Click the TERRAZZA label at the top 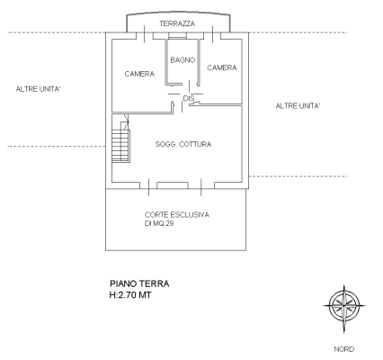click(x=176, y=22)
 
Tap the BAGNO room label click(x=183, y=59)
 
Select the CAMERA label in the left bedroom click(x=139, y=73)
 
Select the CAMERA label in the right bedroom click(x=221, y=67)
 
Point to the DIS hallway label click(x=189, y=97)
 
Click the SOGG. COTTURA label click(x=183, y=144)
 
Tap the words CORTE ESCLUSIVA click(x=177, y=214)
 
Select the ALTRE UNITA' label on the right click(x=298, y=106)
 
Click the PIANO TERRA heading click(x=138, y=283)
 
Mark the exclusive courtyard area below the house click(x=177, y=234)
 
